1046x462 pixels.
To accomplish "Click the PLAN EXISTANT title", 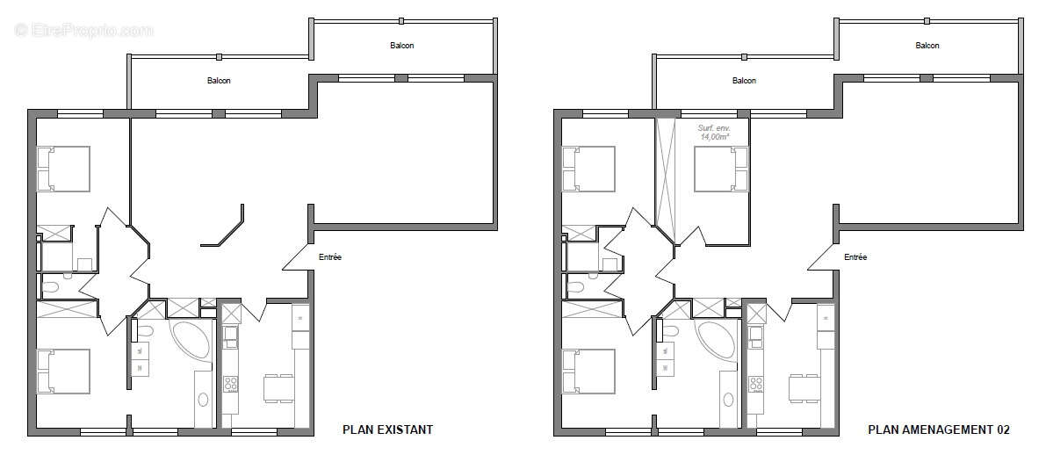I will coord(386,430).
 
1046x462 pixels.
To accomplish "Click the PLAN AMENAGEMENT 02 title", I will coord(938,430).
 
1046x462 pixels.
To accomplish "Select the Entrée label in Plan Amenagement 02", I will coord(855,257).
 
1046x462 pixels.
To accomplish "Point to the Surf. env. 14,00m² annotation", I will coord(708,133).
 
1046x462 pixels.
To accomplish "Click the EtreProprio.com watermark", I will coord(84,31).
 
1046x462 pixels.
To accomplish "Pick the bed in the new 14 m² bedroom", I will coord(721,169).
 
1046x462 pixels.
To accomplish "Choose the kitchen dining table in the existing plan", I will coord(278,387).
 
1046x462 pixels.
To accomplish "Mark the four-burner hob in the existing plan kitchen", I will coord(232,384).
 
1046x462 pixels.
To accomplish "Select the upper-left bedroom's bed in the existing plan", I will coord(63,169).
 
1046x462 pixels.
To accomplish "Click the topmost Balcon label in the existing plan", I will coord(402,46).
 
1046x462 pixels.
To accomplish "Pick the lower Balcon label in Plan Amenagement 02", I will coord(744,81).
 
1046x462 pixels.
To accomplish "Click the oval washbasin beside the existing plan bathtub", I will coord(204,400).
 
